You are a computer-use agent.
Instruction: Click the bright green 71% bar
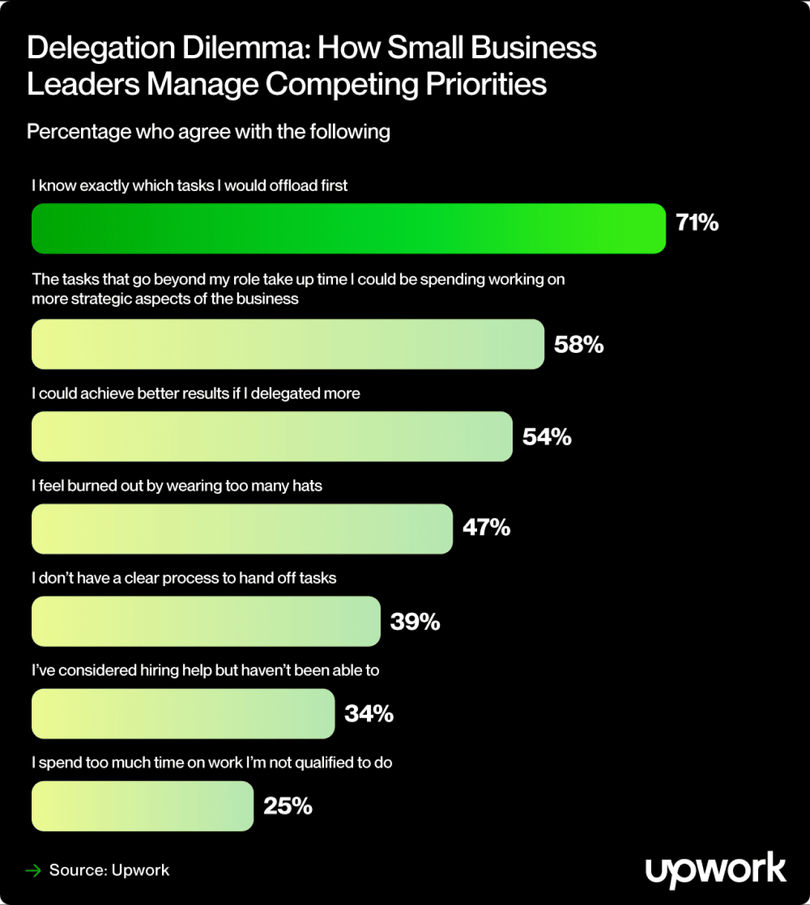pyautogui.click(x=348, y=228)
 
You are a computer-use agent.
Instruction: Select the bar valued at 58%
pyautogui.click(x=288, y=344)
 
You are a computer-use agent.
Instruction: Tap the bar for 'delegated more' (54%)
pyautogui.click(x=272, y=436)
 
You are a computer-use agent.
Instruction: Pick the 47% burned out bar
pyautogui.click(x=242, y=529)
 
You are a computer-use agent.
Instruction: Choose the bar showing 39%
pyautogui.click(x=206, y=621)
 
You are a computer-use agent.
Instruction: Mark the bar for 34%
pyautogui.click(x=183, y=713)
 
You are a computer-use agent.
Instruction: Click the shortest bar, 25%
pyautogui.click(x=142, y=806)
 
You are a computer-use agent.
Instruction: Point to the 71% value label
pyautogui.click(x=697, y=223)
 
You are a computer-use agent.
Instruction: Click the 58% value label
pyautogui.click(x=578, y=345)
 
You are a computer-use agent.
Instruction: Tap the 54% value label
pyautogui.click(x=547, y=437)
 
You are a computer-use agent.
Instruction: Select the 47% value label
pyautogui.click(x=486, y=527)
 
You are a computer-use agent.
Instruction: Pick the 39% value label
pyautogui.click(x=414, y=622)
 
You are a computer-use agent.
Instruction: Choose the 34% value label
pyautogui.click(x=369, y=714)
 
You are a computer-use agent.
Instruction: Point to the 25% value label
pyautogui.click(x=288, y=806)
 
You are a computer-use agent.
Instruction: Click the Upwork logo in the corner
pyautogui.click(x=716, y=870)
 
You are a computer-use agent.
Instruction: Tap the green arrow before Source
pyautogui.click(x=33, y=871)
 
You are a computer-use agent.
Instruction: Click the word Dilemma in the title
pyautogui.click(x=246, y=48)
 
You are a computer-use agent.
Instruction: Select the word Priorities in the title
pyautogui.click(x=486, y=85)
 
